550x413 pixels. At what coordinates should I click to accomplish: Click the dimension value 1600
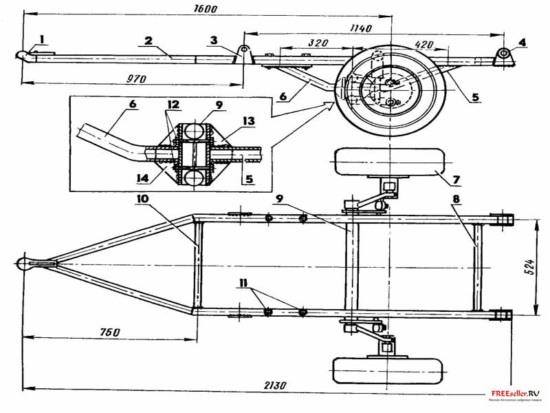pyautogui.click(x=205, y=9)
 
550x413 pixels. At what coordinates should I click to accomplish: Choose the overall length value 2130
pyautogui.click(x=274, y=383)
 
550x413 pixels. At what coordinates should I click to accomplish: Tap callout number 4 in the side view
pyautogui.click(x=522, y=42)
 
